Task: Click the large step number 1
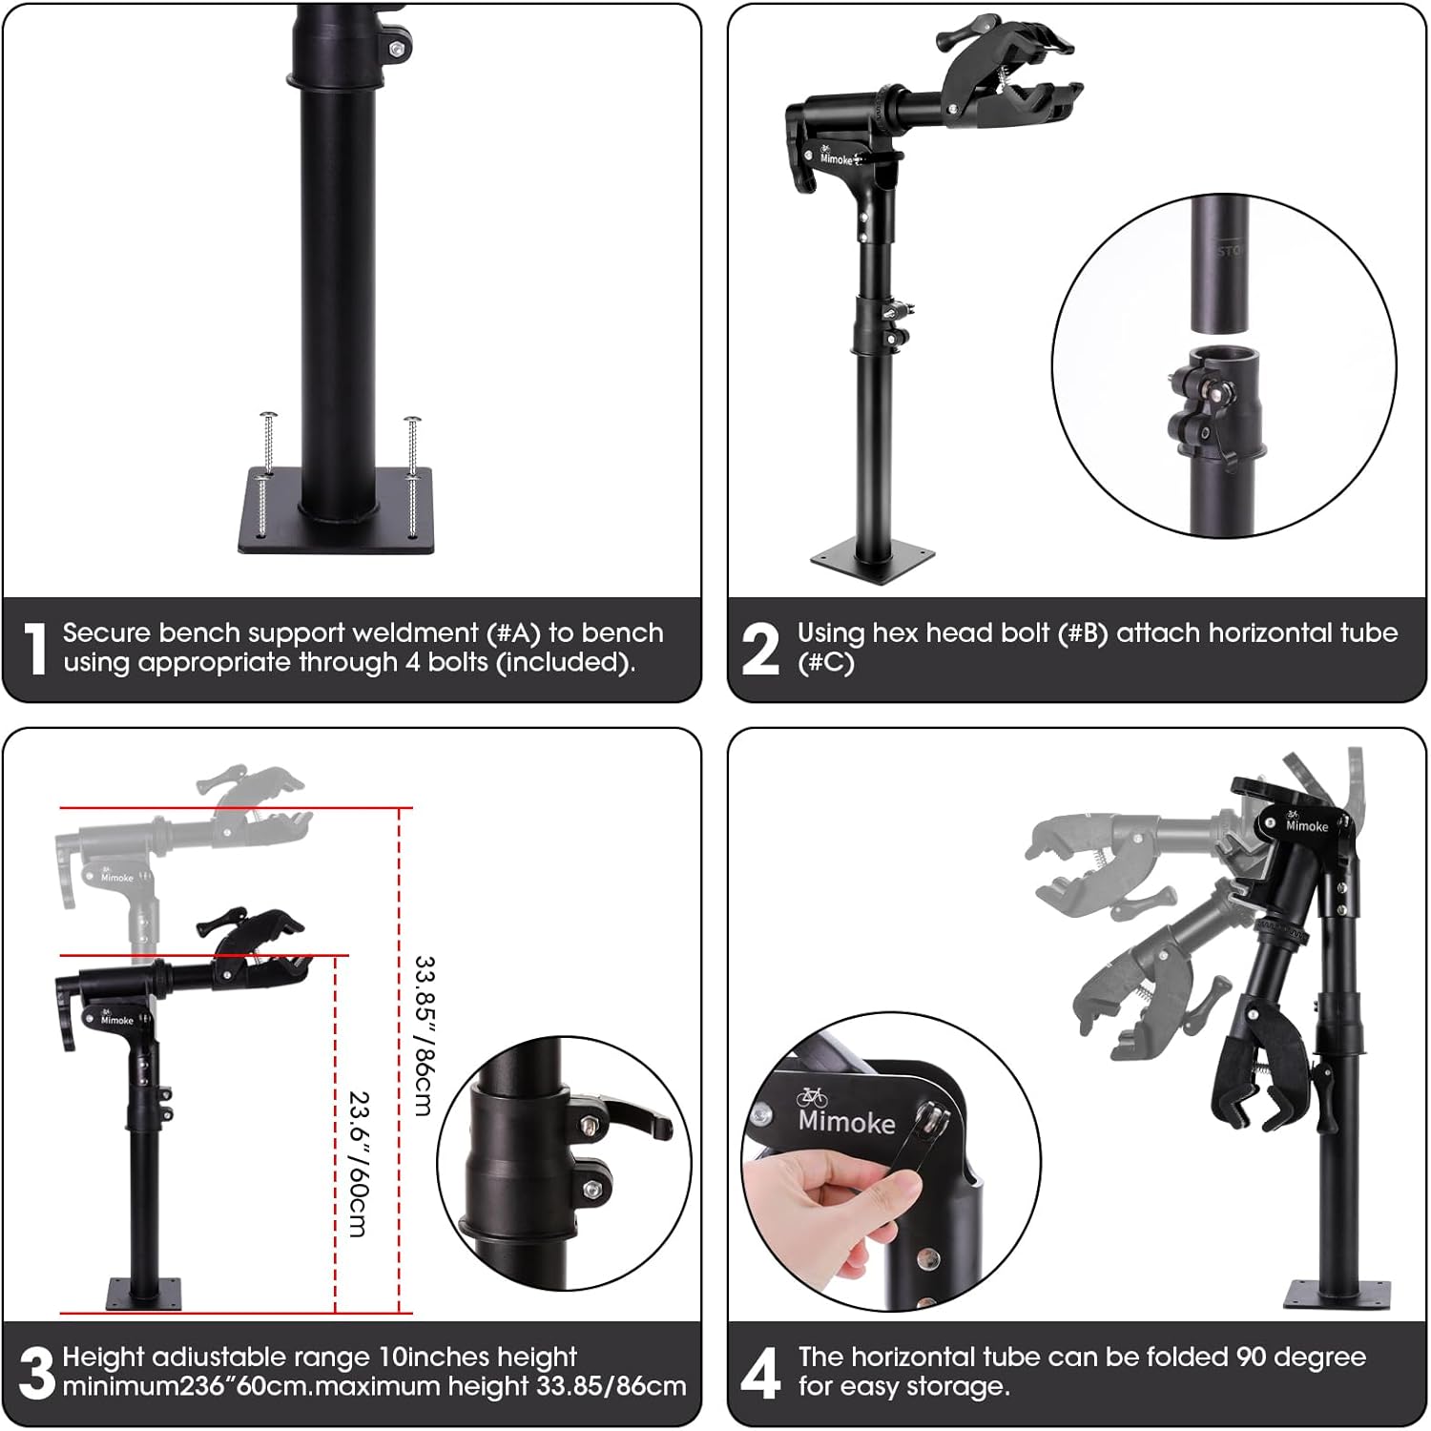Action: click(35, 649)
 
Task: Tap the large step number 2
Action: click(760, 649)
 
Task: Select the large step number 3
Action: click(36, 1374)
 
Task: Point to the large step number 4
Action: click(760, 1374)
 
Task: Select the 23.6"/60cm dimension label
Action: click(359, 1165)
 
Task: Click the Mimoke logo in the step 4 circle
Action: click(846, 1110)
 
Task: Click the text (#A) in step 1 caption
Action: click(513, 633)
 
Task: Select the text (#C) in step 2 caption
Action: click(826, 662)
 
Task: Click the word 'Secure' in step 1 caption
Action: click(107, 633)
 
